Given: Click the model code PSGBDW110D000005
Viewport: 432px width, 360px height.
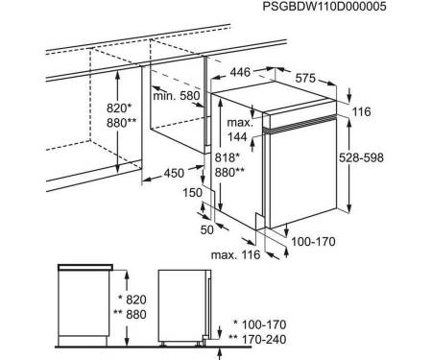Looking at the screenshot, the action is (x=324, y=7).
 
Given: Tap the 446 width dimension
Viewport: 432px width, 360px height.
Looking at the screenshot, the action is (x=240, y=72).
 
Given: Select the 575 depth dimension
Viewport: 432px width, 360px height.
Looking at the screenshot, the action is (x=305, y=78).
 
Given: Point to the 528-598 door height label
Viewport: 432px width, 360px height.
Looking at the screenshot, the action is (x=361, y=157).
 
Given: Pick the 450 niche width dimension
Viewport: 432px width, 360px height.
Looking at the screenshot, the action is (x=174, y=173).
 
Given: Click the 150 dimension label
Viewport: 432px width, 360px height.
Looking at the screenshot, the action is (x=193, y=193).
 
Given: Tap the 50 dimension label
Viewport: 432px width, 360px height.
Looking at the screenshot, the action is (x=206, y=229).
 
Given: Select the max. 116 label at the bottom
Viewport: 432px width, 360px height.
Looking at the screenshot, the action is (x=235, y=254).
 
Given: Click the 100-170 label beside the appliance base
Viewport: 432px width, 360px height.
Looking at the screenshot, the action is (x=313, y=242).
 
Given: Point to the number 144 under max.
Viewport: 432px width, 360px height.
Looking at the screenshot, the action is (x=237, y=137).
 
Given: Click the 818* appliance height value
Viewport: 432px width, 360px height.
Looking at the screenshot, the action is (x=228, y=157).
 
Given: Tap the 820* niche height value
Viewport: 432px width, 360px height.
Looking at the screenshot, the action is (x=119, y=108).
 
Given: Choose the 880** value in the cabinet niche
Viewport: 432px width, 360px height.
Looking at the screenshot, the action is (x=121, y=123).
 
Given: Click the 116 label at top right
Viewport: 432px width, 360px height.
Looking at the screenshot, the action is (x=362, y=111).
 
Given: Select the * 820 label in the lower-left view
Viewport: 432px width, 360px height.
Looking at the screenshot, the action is (x=132, y=300).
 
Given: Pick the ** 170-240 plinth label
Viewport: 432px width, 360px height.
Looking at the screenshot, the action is (x=258, y=339).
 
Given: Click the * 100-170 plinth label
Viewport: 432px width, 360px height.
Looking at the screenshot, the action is (x=260, y=324).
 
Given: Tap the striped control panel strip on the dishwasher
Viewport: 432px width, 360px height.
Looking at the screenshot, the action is (x=300, y=124).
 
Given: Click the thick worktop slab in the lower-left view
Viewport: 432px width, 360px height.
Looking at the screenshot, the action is (x=85, y=267).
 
